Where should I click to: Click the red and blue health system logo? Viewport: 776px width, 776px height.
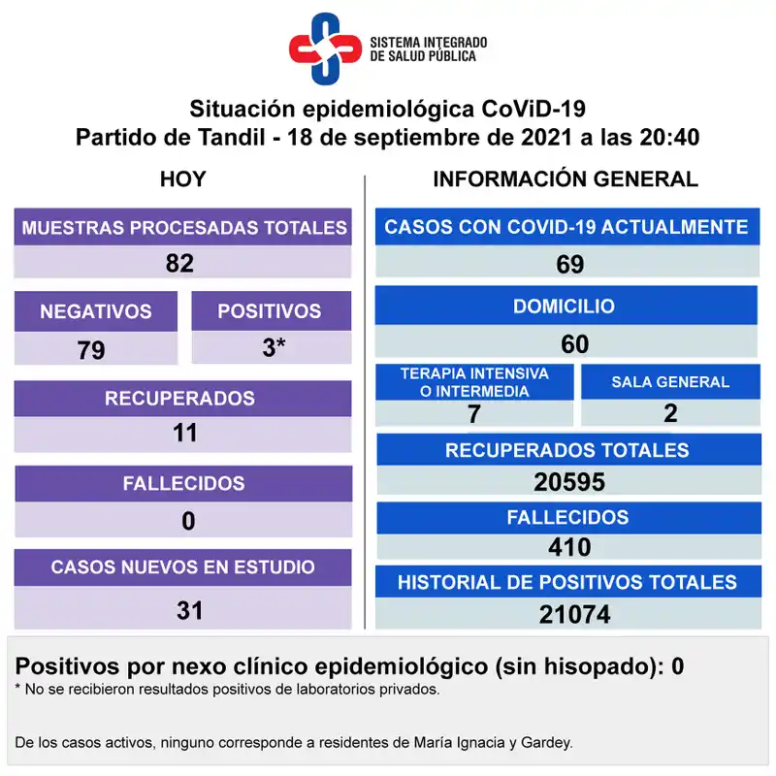(325, 48)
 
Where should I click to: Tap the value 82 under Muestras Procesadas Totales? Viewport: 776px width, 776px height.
(180, 263)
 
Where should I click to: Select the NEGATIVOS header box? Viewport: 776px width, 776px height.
(95, 311)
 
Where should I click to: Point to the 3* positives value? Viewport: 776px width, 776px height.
(274, 347)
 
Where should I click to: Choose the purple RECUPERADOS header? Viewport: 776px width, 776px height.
(180, 398)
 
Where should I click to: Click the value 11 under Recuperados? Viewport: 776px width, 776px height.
(184, 433)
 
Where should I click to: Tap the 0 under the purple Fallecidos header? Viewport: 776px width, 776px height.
(187, 521)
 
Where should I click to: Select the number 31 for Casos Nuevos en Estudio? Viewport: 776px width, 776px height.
(189, 610)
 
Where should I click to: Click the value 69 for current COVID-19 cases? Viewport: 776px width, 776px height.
(569, 264)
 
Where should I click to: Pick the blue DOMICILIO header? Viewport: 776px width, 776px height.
(565, 306)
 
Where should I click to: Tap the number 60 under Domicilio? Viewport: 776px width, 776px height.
(574, 343)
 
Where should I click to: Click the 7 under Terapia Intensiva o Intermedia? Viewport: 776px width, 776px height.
(473, 413)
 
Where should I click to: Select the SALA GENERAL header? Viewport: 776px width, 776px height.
(670, 381)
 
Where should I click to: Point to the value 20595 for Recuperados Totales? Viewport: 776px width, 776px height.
(569, 482)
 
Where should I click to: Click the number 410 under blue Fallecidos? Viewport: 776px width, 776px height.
(569, 548)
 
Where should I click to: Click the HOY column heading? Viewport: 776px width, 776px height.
(182, 178)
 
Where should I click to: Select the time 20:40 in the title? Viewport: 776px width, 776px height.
(669, 137)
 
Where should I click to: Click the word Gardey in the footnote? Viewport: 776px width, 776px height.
(545, 743)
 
